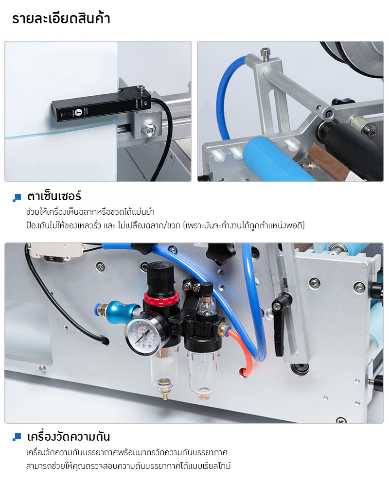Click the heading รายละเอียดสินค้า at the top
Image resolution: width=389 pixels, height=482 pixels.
coord(61,18)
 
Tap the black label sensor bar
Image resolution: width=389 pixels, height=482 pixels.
coord(101,104)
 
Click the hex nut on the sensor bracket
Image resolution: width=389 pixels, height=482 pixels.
coord(148,131)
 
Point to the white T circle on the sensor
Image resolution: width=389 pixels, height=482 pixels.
coord(79,112)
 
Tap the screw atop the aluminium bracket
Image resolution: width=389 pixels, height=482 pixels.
coord(265,53)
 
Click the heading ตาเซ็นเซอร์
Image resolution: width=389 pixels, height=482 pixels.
coord(54,196)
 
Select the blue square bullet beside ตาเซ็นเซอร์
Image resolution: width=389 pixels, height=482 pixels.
coord(17,198)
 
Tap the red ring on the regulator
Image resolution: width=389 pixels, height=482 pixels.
coord(161,298)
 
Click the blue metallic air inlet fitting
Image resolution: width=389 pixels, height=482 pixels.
coord(118,310)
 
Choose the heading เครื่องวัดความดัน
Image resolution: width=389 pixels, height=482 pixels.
coord(68,436)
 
